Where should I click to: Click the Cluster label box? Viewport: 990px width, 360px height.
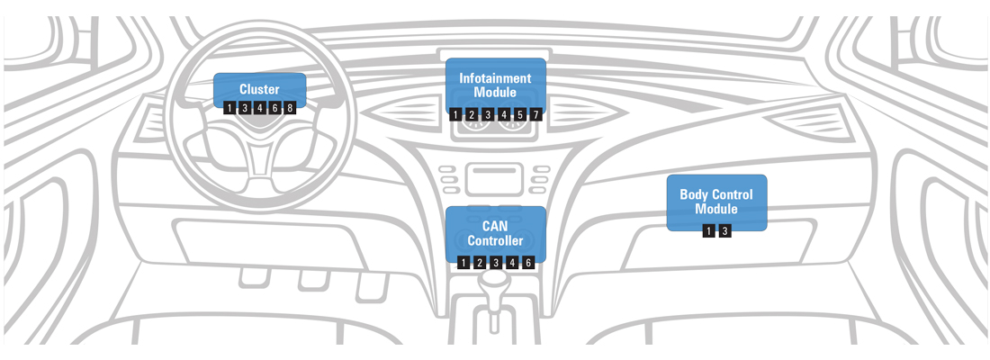click(259, 88)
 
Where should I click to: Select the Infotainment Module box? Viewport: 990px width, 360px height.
click(495, 85)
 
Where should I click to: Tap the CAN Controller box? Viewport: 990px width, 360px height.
click(495, 233)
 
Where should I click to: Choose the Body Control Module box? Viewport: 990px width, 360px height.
click(716, 202)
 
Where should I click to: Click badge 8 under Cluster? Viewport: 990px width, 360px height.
click(289, 108)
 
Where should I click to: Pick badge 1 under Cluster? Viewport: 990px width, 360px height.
click(229, 108)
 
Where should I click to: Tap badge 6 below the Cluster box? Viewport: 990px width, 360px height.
click(274, 108)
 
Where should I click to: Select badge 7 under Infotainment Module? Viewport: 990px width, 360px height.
click(535, 115)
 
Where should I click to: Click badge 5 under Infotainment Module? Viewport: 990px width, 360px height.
click(519, 115)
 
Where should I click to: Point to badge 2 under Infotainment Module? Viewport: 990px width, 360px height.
click(471, 115)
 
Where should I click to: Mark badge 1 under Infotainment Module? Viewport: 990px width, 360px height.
click(454, 115)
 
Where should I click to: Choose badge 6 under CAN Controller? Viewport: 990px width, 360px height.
click(527, 263)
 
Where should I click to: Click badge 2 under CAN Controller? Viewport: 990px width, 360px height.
click(479, 263)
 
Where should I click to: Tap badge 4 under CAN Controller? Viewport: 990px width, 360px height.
click(511, 263)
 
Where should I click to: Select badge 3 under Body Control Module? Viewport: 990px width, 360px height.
click(724, 231)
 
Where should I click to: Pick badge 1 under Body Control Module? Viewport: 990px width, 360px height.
click(708, 231)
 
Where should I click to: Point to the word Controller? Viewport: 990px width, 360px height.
click(495, 241)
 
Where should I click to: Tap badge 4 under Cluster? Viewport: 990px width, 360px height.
click(259, 108)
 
